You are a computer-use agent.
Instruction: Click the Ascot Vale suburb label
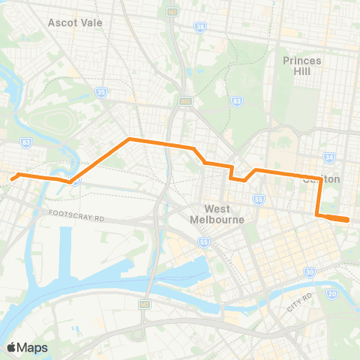click(x=74, y=22)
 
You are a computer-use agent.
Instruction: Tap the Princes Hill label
click(x=302, y=65)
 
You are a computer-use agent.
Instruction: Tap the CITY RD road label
click(x=298, y=301)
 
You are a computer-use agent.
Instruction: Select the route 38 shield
click(x=199, y=27)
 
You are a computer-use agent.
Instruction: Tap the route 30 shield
click(x=309, y=272)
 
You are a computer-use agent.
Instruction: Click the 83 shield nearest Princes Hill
click(x=237, y=100)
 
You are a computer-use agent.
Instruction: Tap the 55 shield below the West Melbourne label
click(x=203, y=241)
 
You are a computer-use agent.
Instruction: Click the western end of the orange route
click(x=13, y=178)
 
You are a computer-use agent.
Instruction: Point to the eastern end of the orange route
click(x=349, y=220)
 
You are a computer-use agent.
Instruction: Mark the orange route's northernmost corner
click(x=130, y=139)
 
